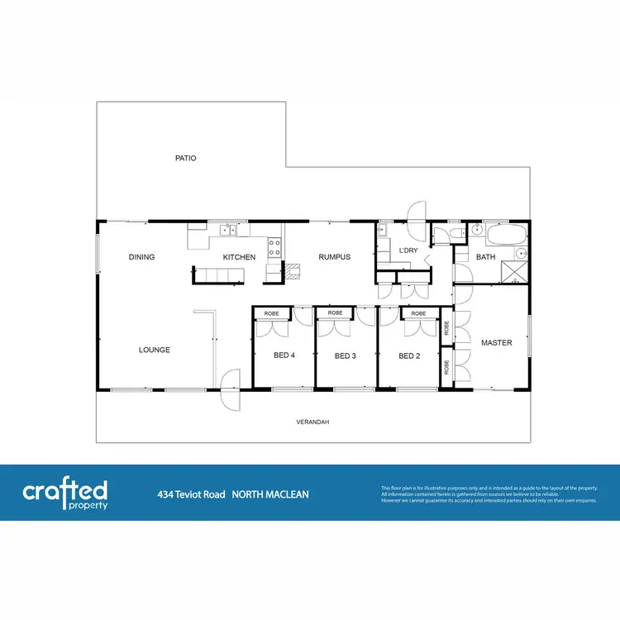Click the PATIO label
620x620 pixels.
(x=185, y=158)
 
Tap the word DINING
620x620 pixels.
(x=141, y=257)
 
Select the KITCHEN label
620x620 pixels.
(x=239, y=257)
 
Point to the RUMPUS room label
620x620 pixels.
(x=335, y=257)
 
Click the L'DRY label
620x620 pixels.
(x=408, y=250)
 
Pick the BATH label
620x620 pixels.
(x=485, y=257)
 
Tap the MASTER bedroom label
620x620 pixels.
(x=497, y=342)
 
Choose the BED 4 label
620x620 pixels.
(x=284, y=356)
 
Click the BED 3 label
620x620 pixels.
(x=345, y=356)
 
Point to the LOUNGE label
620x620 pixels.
(x=155, y=350)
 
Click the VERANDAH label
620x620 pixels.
(x=312, y=422)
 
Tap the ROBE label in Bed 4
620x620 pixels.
(x=272, y=314)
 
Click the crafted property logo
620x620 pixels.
(x=65, y=494)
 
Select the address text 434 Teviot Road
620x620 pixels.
(x=191, y=494)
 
